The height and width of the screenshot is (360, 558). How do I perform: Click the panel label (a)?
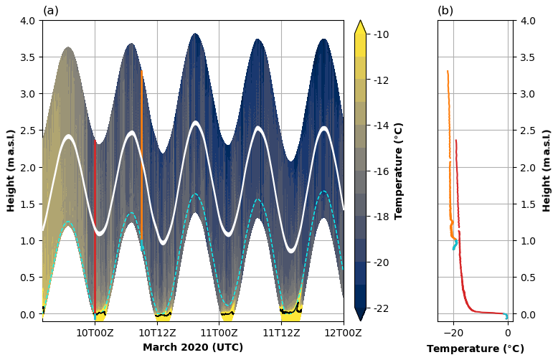click(x=51, y=11)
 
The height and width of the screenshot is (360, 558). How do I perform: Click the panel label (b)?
click(x=445, y=11)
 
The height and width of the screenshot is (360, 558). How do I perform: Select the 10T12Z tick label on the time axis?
click(x=157, y=332)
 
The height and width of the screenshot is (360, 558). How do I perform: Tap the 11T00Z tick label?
click(x=219, y=332)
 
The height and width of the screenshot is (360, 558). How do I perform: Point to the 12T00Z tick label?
click(x=343, y=332)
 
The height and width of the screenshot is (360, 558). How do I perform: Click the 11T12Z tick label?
click(x=281, y=332)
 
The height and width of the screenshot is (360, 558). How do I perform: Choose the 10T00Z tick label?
click(x=95, y=332)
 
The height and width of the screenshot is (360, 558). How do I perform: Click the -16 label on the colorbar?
click(x=382, y=171)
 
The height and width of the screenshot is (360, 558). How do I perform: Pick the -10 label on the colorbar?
click(x=382, y=34)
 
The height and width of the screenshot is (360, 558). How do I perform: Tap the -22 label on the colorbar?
click(x=382, y=308)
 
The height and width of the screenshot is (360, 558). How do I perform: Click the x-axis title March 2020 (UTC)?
click(x=193, y=348)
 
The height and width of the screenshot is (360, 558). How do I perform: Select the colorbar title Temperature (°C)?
click(x=399, y=171)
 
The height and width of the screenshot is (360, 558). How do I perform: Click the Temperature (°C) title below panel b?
click(x=474, y=349)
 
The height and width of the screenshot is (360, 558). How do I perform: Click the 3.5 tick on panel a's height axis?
click(x=28, y=57)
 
